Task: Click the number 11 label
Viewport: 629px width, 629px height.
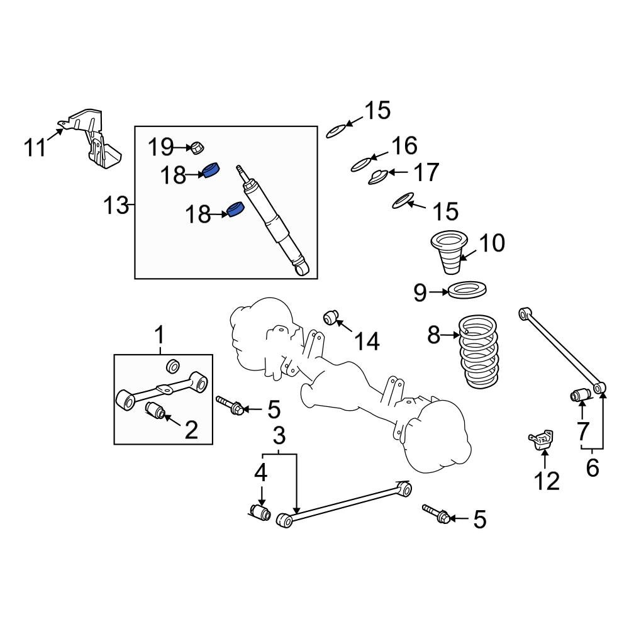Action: tap(35, 148)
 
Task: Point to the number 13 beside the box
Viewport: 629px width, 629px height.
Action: tap(116, 205)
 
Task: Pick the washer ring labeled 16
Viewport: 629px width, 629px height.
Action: tap(361, 165)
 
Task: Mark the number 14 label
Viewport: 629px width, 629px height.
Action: tap(366, 342)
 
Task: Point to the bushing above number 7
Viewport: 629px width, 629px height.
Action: tap(579, 395)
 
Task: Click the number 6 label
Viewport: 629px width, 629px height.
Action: tap(593, 469)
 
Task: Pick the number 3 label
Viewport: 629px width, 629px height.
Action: tap(279, 434)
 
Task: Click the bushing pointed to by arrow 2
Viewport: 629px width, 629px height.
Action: tap(155, 410)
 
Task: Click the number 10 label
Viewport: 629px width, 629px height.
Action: tap(491, 243)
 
